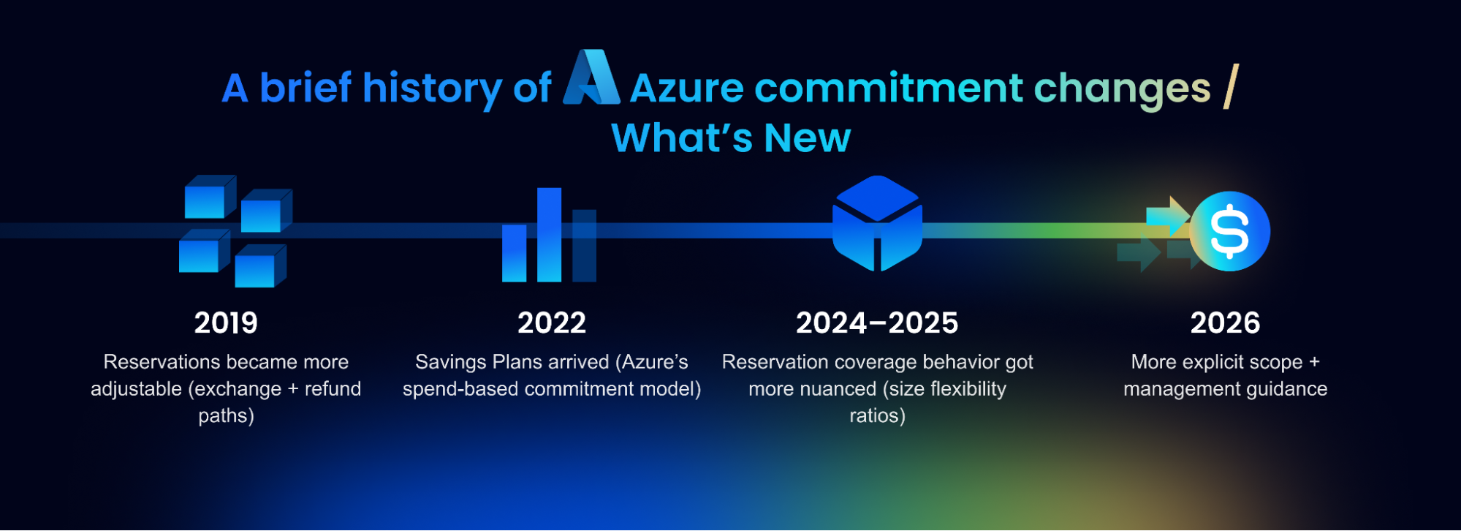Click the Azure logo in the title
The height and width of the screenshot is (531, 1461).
(x=591, y=77)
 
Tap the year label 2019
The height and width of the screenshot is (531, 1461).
(x=226, y=323)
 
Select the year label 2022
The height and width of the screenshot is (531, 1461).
(x=552, y=323)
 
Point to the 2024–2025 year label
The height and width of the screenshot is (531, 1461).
(x=877, y=323)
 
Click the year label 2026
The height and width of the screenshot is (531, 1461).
(x=1225, y=323)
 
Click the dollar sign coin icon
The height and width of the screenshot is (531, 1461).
(x=1230, y=231)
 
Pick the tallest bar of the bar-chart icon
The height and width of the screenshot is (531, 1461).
(x=549, y=235)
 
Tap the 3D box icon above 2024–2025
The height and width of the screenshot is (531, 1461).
(x=877, y=223)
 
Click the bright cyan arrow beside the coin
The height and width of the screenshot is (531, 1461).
(x=1168, y=216)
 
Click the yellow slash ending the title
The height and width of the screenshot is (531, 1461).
(x=1231, y=86)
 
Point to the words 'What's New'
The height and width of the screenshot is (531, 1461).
(x=731, y=138)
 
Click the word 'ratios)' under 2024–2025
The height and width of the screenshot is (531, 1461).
(x=877, y=415)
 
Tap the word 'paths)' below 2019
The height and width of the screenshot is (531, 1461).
(x=226, y=416)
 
